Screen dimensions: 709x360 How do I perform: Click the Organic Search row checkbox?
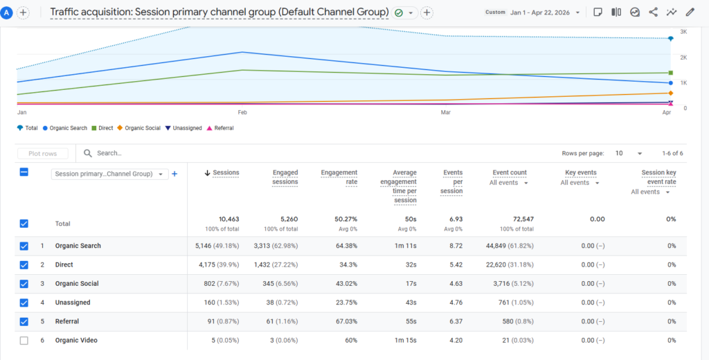click(24, 246)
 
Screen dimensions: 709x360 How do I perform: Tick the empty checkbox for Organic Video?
click(24, 341)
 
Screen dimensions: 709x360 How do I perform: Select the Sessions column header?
click(226, 173)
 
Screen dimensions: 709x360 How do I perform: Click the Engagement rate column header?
click(339, 177)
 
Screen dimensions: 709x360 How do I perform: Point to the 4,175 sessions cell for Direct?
click(208, 265)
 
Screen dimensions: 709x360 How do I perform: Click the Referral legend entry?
click(220, 128)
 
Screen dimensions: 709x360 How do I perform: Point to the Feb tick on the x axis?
click(242, 112)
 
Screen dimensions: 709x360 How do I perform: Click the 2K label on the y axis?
click(683, 57)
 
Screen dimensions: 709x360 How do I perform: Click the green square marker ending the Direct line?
click(670, 73)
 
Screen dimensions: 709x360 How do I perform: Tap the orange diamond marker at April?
click(670, 93)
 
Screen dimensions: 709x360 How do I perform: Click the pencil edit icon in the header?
click(690, 12)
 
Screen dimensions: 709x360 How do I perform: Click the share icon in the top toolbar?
click(653, 12)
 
